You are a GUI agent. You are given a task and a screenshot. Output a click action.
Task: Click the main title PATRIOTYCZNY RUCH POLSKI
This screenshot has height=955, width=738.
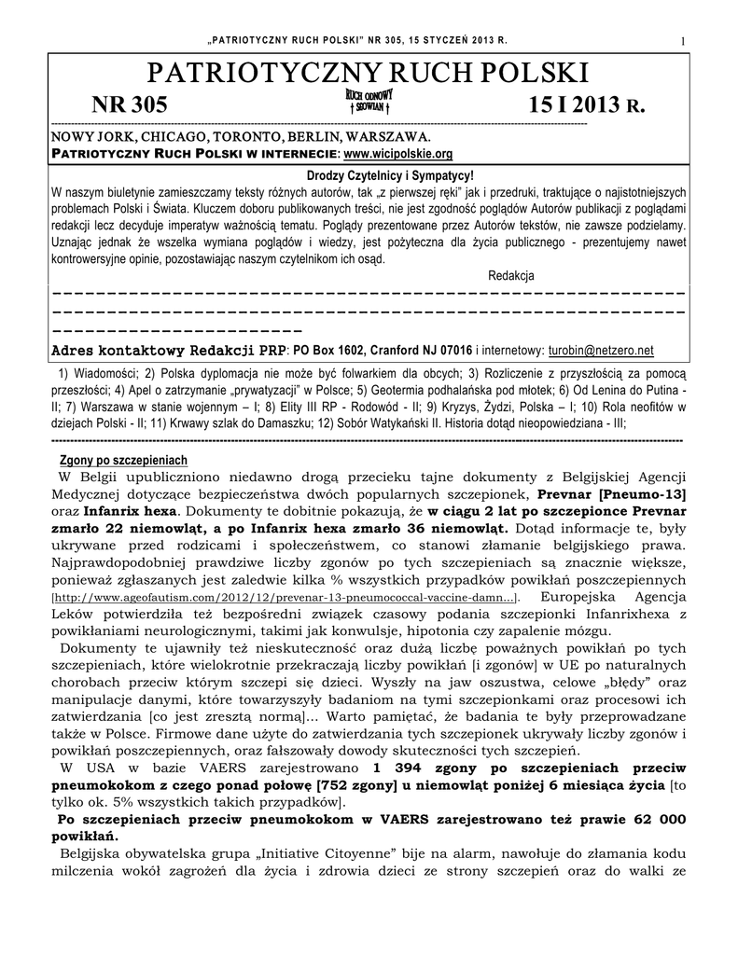tap(369, 73)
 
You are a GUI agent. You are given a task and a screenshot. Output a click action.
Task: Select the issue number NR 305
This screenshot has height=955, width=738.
tap(129, 105)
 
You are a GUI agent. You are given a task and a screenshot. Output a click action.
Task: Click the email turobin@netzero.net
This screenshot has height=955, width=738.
tap(601, 351)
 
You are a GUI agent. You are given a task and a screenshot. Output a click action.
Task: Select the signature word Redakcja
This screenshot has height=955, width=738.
tap(510, 276)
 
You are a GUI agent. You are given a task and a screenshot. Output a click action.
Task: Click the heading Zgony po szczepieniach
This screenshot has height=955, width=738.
tap(123, 460)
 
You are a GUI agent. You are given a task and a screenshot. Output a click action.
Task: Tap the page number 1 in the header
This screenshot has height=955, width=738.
tap(684, 39)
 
